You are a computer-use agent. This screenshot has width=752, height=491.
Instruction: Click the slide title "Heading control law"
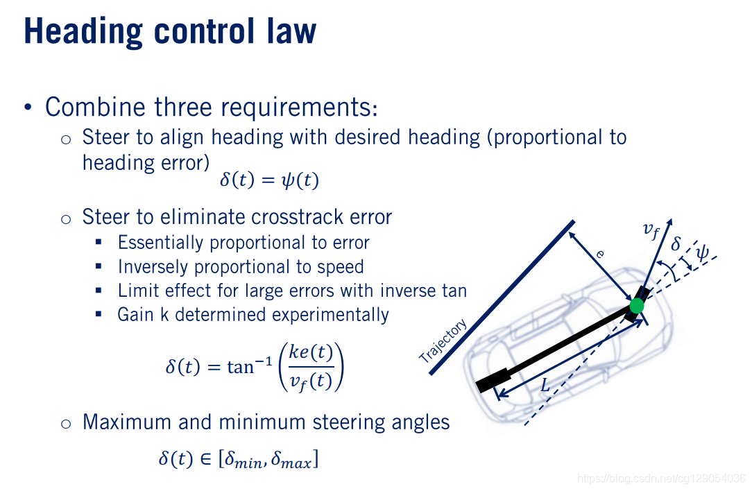[x=170, y=31]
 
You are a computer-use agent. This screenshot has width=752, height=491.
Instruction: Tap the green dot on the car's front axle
[x=637, y=305]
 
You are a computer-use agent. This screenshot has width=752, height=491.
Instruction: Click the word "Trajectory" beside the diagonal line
[x=443, y=341]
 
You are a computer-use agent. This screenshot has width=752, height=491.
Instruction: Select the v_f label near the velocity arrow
[x=651, y=230]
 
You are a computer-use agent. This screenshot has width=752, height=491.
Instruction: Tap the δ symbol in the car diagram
[x=676, y=244]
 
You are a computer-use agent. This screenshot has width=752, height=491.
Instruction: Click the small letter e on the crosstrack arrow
[x=600, y=255]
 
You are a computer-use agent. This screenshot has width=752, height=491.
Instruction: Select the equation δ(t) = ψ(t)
[x=269, y=180]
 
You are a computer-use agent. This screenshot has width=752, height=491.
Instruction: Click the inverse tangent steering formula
[x=255, y=366]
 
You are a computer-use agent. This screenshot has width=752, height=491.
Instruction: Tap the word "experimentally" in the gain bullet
[x=330, y=314]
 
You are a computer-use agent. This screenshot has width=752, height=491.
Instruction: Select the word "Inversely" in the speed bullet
[x=147, y=267]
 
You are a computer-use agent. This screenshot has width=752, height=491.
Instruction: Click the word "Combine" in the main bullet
[x=85, y=107]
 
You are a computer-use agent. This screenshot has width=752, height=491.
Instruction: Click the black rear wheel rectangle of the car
[x=493, y=381]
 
